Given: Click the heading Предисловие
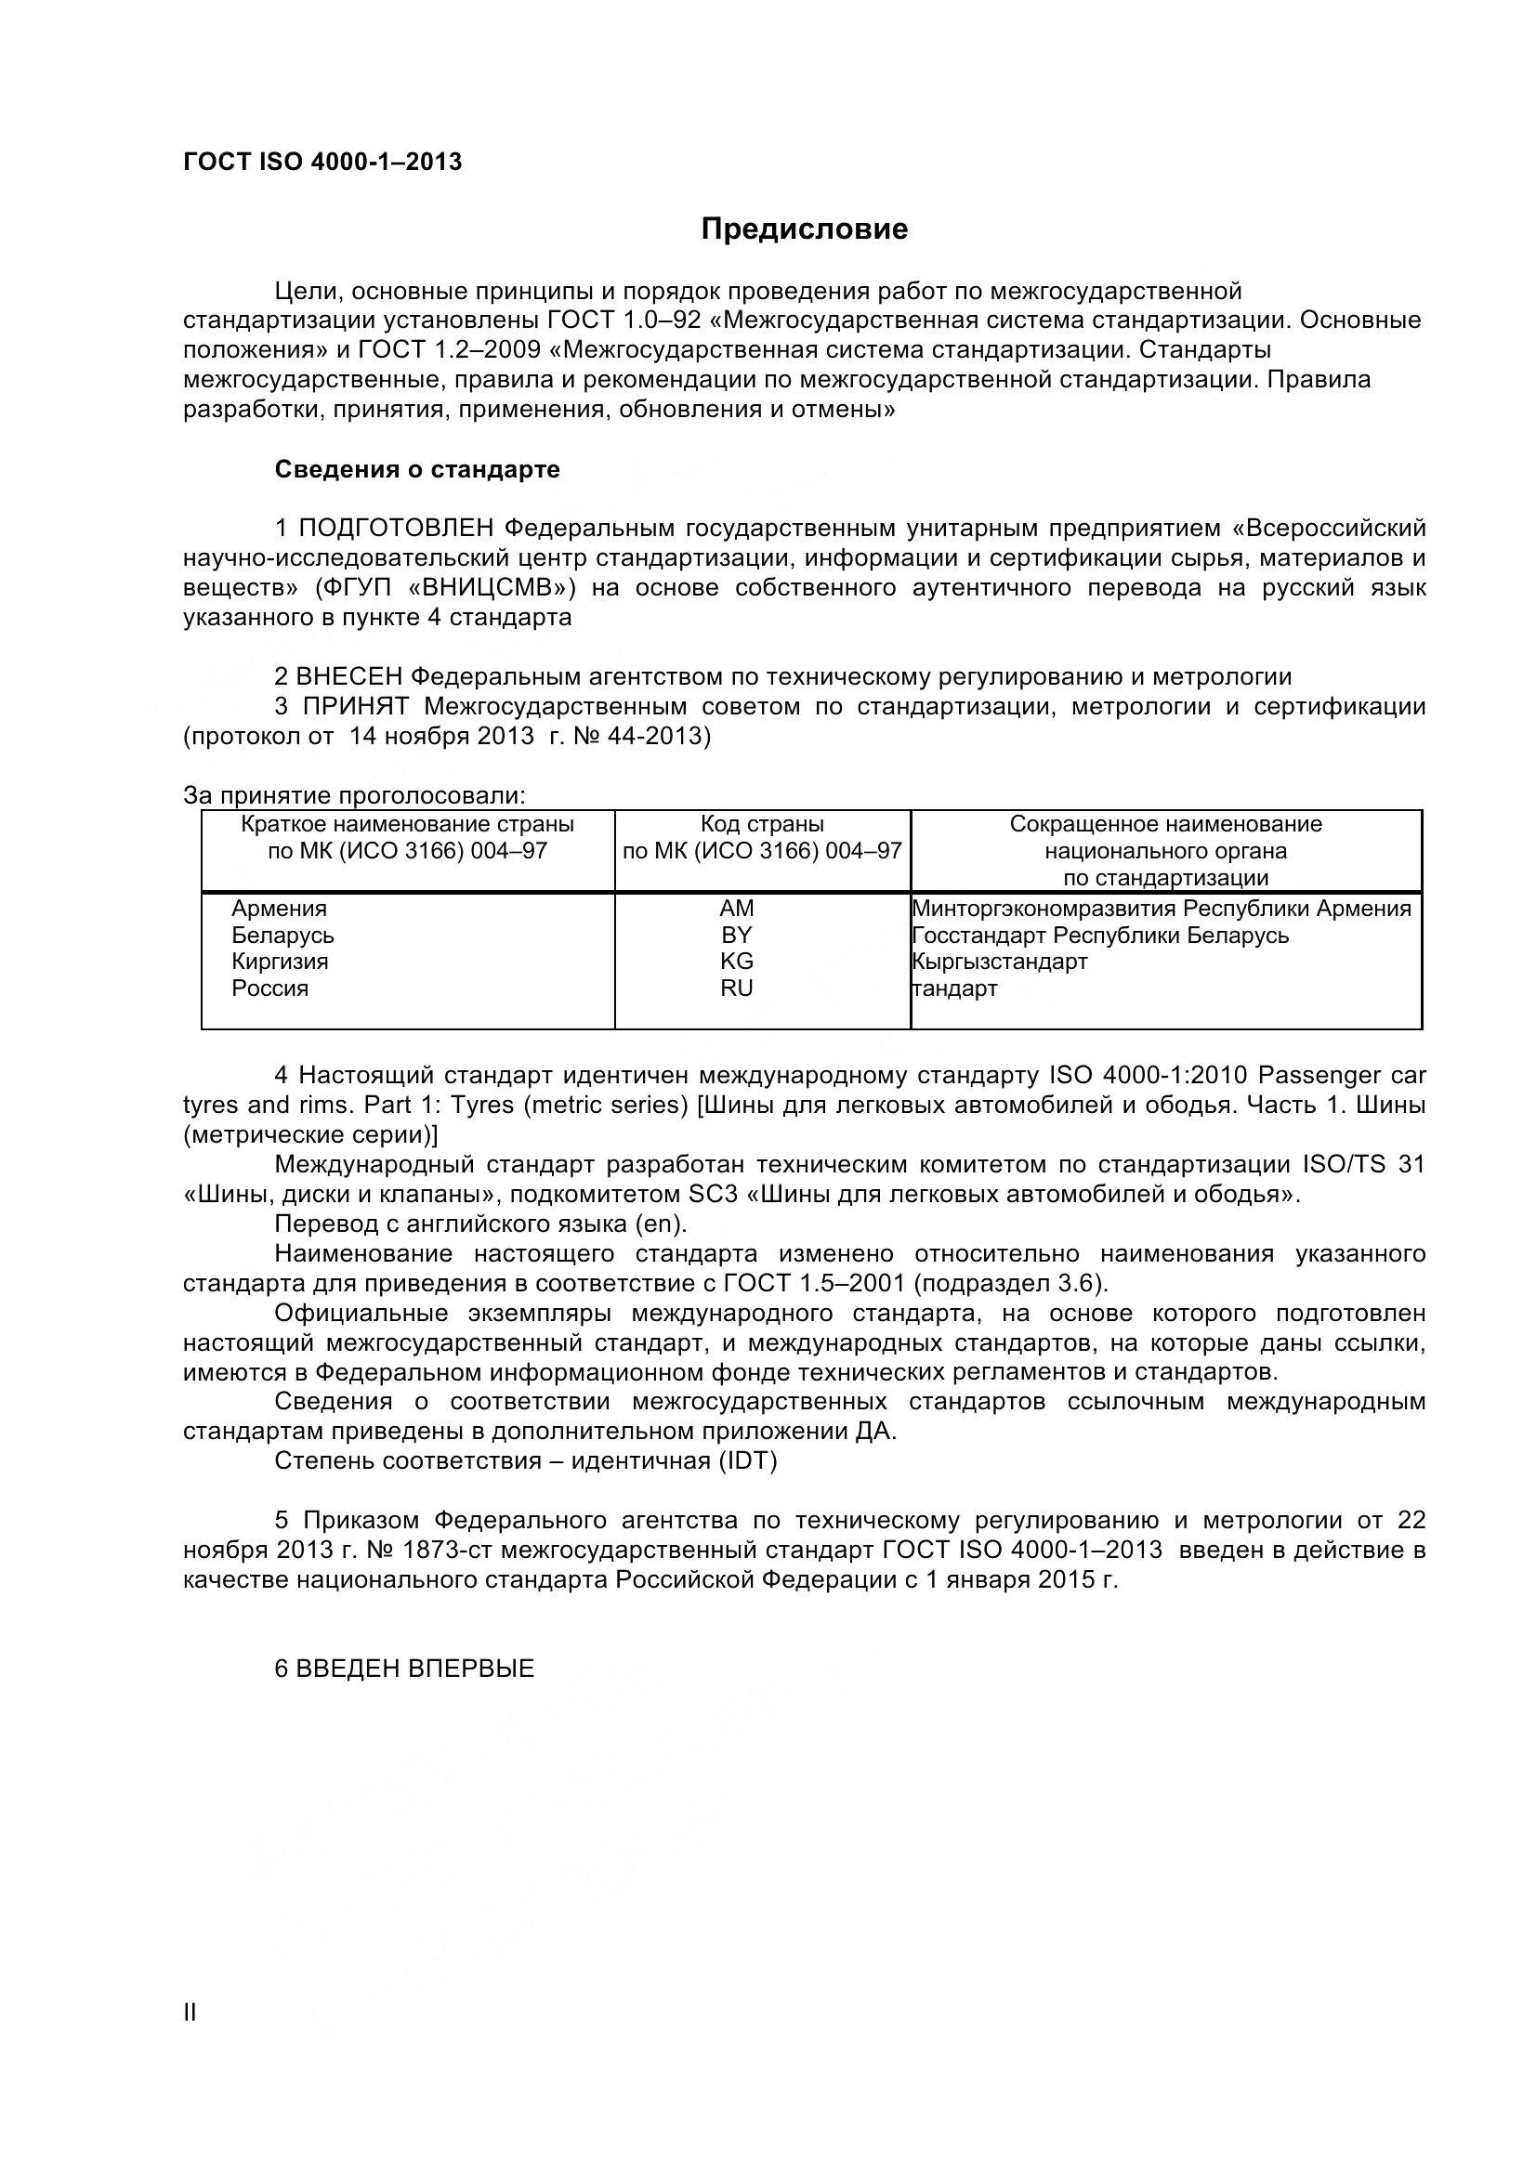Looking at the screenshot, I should click(804, 229).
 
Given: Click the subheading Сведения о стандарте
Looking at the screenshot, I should click(416, 469).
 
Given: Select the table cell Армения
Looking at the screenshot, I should click(279, 909).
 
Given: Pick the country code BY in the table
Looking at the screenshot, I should click(735, 936).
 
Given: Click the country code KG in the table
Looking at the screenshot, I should click(736, 962).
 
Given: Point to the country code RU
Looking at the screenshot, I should click(736, 988).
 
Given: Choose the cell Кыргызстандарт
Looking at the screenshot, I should click(1001, 962).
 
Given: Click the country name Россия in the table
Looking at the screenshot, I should click(270, 988).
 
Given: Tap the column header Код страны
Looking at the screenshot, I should click(762, 824).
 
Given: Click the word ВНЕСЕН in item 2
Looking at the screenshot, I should click(349, 676).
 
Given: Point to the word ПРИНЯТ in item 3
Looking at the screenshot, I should click(356, 707).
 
